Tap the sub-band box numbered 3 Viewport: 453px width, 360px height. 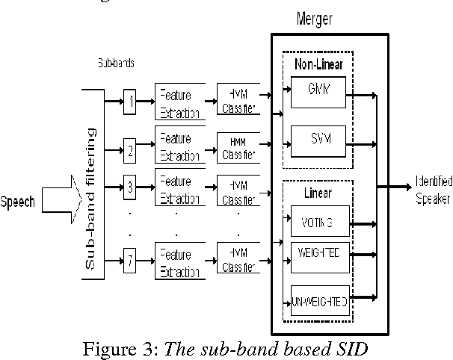click(x=130, y=186)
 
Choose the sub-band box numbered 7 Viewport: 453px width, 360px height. click(x=130, y=261)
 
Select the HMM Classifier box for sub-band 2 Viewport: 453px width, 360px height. click(x=238, y=147)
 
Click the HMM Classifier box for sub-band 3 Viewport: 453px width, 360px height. click(x=238, y=187)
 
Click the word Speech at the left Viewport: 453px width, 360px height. click(x=19, y=202)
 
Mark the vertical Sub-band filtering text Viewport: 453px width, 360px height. click(x=91, y=198)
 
